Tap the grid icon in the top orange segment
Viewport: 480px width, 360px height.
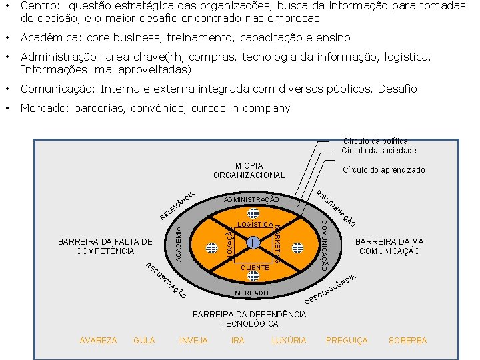(x=253, y=213)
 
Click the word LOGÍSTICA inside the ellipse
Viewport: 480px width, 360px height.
(x=254, y=225)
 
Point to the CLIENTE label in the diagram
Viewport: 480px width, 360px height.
(x=254, y=267)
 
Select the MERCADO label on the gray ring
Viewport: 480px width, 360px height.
(x=251, y=293)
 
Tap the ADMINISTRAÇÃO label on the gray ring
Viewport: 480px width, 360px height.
(x=251, y=200)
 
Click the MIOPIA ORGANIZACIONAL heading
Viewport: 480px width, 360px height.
(x=249, y=170)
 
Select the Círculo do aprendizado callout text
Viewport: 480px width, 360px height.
(x=383, y=170)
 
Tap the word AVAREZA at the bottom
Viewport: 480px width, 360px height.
(x=98, y=341)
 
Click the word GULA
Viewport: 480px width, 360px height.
(x=144, y=341)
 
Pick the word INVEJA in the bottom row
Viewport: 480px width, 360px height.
(x=193, y=341)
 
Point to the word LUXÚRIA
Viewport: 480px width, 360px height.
(x=289, y=341)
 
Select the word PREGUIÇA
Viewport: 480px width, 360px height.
(x=347, y=341)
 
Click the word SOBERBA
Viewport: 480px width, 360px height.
(x=407, y=341)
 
